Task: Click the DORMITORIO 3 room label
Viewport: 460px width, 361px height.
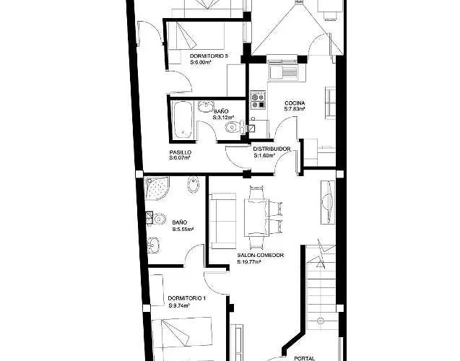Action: point(209,56)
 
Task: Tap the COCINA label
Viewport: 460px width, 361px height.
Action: point(294,103)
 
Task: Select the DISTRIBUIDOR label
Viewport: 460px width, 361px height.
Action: point(272,149)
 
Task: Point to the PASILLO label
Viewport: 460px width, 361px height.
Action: point(180,152)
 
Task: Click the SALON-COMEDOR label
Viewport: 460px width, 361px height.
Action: point(260,256)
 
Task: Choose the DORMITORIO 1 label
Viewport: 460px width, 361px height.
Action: point(186,298)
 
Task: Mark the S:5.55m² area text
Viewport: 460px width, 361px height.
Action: point(183,228)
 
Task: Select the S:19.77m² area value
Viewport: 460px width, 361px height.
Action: point(249,263)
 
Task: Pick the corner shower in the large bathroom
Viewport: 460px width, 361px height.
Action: point(156,189)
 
